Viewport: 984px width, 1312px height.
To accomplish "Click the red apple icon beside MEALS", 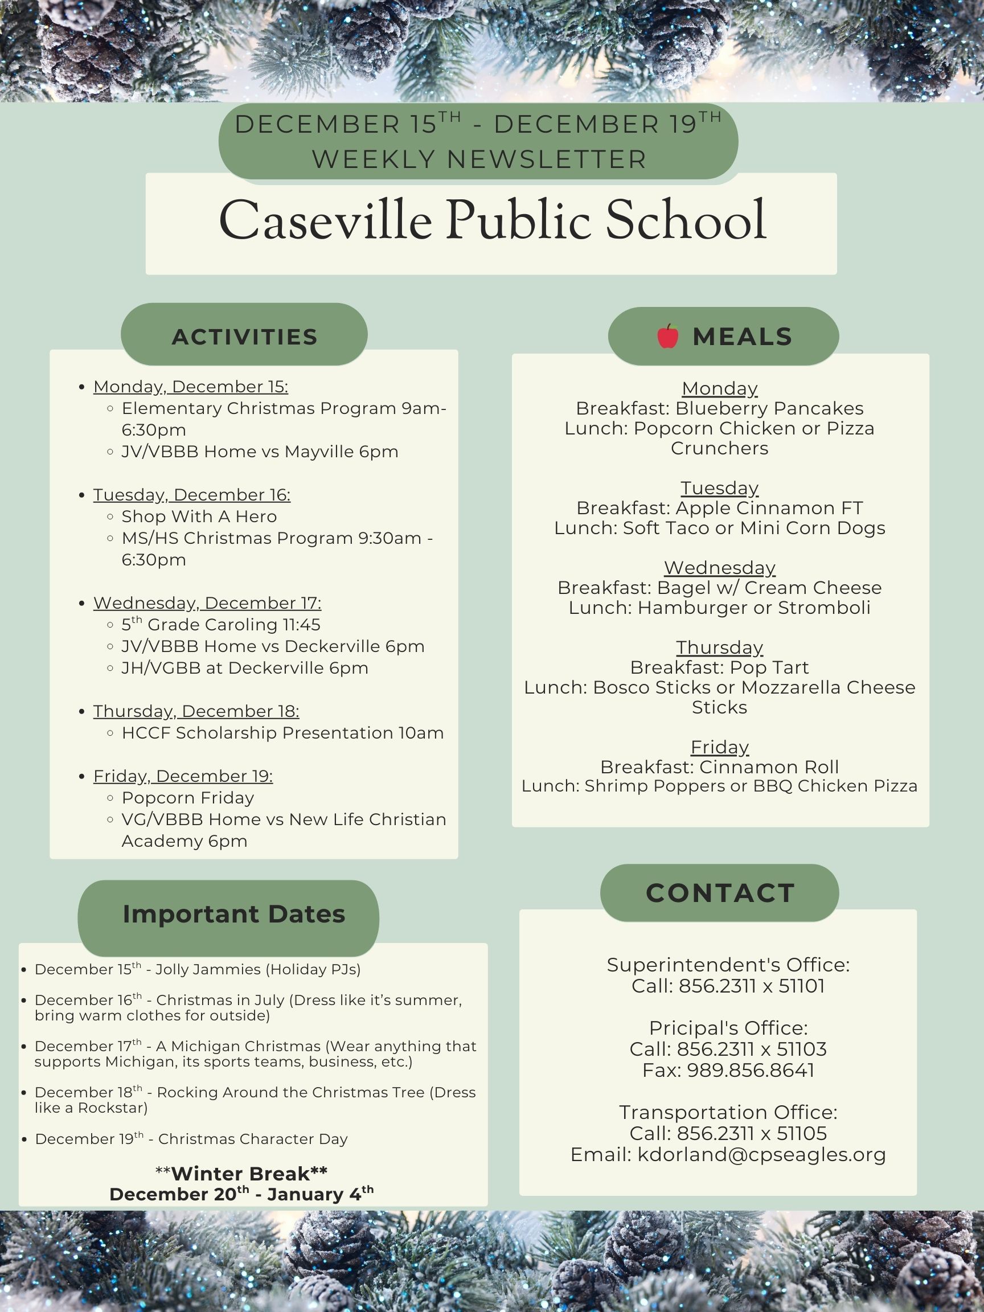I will pyautogui.click(x=667, y=337).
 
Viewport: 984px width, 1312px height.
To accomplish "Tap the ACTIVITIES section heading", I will pyautogui.click(x=244, y=337).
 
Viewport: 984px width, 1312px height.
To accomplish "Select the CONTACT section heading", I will pyautogui.click(x=719, y=893).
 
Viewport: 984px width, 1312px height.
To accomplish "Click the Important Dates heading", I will pyautogui.click(x=233, y=914).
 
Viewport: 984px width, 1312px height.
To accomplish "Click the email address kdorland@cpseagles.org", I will pyautogui.click(x=761, y=1155).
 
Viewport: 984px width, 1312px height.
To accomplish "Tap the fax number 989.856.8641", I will pyautogui.click(x=751, y=1071).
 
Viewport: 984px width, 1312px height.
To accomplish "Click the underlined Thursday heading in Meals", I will pyautogui.click(x=719, y=647).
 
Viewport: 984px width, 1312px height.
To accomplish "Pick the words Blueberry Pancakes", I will pyautogui.click(x=769, y=409).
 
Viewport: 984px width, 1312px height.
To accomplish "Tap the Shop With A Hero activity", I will pyautogui.click(x=199, y=516).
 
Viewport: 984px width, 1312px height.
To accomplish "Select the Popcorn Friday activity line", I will pyautogui.click(x=188, y=798).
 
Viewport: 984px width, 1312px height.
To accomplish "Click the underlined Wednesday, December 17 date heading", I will pyautogui.click(x=207, y=603).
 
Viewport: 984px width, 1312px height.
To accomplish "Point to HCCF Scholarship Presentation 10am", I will pyautogui.click(x=282, y=733).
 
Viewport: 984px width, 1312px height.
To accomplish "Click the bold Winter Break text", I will pyautogui.click(x=241, y=1173).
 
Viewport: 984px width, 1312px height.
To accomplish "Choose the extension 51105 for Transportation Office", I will pyautogui.click(x=801, y=1133).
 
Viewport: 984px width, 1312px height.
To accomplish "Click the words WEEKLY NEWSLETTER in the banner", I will pyautogui.click(x=479, y=159).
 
